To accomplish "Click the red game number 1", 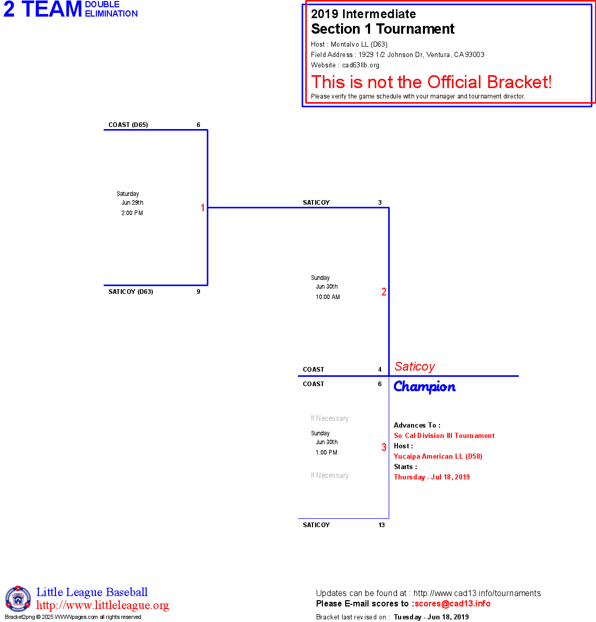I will (203, 208).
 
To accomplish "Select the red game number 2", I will (384, 292).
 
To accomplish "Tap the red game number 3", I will (384, 447).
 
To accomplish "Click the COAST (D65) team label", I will (128, 125).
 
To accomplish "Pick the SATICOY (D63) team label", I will (131, 292).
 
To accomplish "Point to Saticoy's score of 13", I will (381, 525).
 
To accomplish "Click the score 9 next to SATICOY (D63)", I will (198, 292).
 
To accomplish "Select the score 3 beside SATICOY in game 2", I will (380, 203).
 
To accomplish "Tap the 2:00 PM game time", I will (132, 213).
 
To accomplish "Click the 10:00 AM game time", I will (328, 297).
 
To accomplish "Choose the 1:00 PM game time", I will (327, 453).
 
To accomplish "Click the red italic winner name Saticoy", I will (415, 366).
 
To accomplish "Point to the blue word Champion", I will (424, 387).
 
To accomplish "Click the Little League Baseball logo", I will (18, 599).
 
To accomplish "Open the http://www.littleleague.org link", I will (103, 605).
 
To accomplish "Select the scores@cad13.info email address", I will (452, 603).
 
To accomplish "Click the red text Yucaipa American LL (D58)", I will (438, 457).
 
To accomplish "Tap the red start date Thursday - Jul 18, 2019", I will (432, 477).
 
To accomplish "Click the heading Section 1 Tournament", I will (382, 29).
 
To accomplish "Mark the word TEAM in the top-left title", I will (52, 10).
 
